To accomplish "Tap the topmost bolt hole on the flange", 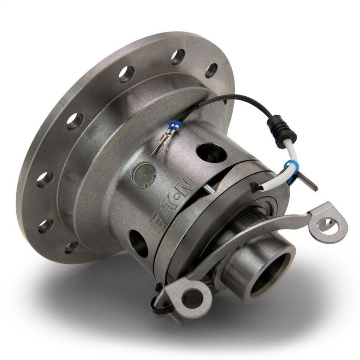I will click(177, 56).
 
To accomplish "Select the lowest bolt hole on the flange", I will click(71, 247).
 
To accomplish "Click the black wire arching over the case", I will click(234, 100).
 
